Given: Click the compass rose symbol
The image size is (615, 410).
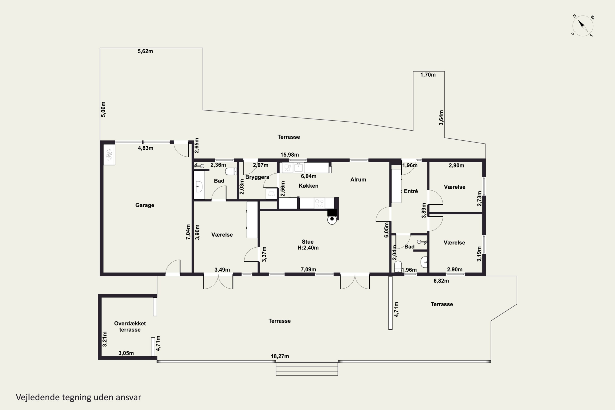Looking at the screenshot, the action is pos(583,26).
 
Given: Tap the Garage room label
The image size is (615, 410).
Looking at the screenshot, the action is pos(145,205).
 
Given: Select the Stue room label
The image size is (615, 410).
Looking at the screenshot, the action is pos(307,242).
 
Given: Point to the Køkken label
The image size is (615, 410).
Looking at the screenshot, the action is pos(309,186).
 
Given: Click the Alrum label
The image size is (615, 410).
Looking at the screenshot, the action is pos(358,180).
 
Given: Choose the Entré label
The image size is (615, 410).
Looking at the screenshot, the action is pos(411,191).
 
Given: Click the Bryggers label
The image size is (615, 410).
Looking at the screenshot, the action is pos(257,177).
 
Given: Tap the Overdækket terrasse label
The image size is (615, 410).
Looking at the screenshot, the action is pos(130,327).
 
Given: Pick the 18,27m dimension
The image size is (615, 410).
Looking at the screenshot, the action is pos(280,356).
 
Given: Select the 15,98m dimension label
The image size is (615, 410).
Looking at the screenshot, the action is pos(289,155).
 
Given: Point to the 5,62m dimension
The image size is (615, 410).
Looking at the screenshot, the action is pos(145,51).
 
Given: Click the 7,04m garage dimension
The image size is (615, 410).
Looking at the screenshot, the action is pos(188,232).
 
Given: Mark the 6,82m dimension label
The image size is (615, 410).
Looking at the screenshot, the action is pos(441,281).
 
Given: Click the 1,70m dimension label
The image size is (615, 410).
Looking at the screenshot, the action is pos(428,75).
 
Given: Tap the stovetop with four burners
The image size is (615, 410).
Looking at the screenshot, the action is pos(319,203).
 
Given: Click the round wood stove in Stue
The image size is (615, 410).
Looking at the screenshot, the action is pos(332,219).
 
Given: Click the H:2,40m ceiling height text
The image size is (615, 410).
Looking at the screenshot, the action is pos(308,248).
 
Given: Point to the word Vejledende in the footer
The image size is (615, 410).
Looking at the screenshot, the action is pos(38,397).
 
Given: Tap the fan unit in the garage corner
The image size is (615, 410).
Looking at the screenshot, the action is pos(109,155).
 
